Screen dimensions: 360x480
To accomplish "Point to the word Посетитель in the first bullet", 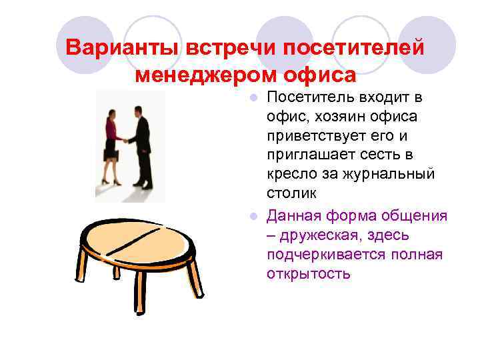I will pyautogui.click(x=307, y=99).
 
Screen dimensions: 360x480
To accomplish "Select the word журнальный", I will pyautogui.click(x=389, y=175).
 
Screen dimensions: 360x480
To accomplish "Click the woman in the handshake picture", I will pyautogui.click(x=111, y=143).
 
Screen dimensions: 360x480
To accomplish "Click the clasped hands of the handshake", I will pyautogui.click(x=126, y=140).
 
